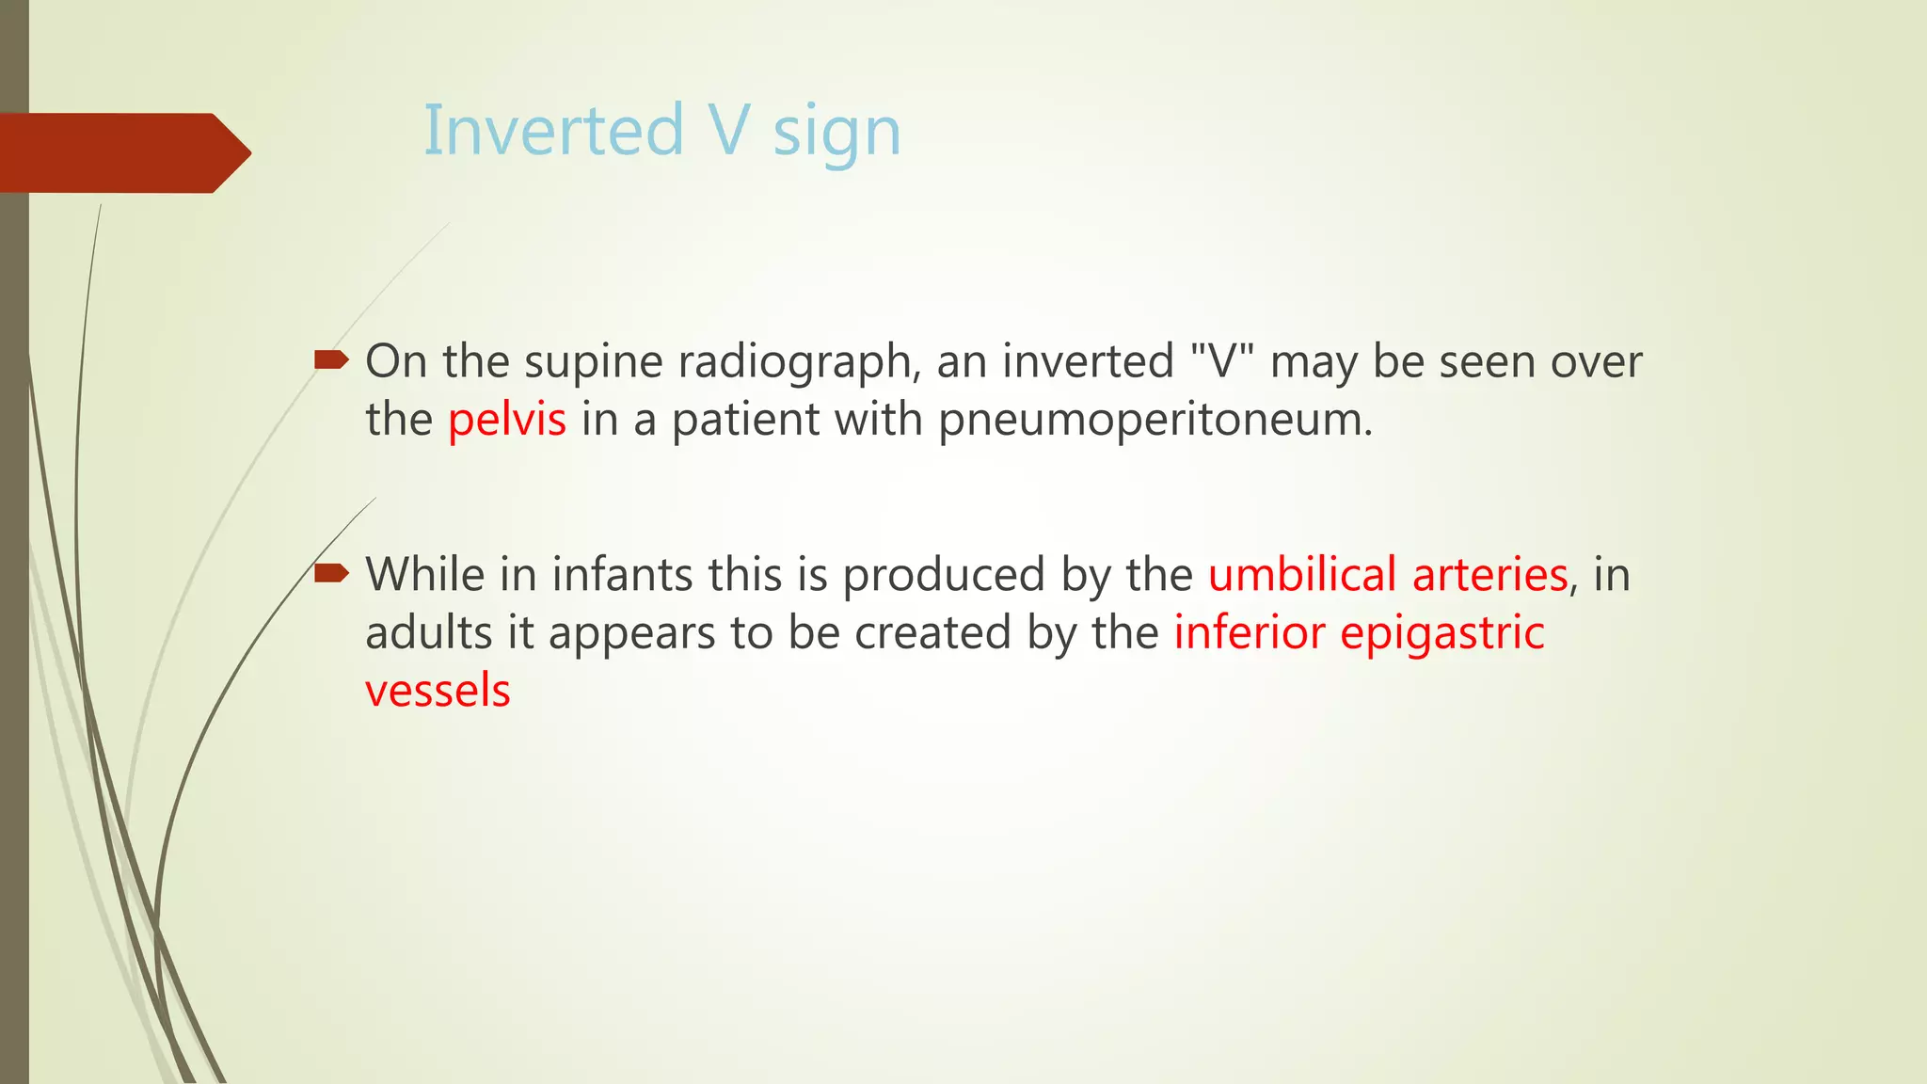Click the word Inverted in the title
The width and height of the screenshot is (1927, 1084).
coord(553,131)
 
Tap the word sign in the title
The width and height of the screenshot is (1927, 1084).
coord(836,134)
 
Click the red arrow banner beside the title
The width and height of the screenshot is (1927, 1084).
coord(122,152)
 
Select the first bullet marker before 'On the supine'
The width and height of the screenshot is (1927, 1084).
coord(331,359)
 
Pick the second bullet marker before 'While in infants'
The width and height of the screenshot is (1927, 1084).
coord(331,572)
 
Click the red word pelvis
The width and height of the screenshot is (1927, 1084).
coord(506,420)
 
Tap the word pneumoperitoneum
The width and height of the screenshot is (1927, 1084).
coord(1155,420)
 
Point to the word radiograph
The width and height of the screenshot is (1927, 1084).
coord(798,362)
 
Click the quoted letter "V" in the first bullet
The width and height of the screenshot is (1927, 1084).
coord(1222,361)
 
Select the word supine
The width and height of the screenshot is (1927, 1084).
coord(593,362)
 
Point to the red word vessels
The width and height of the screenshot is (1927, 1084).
coord(438,691)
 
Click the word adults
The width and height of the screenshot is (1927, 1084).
coord(428,632)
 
